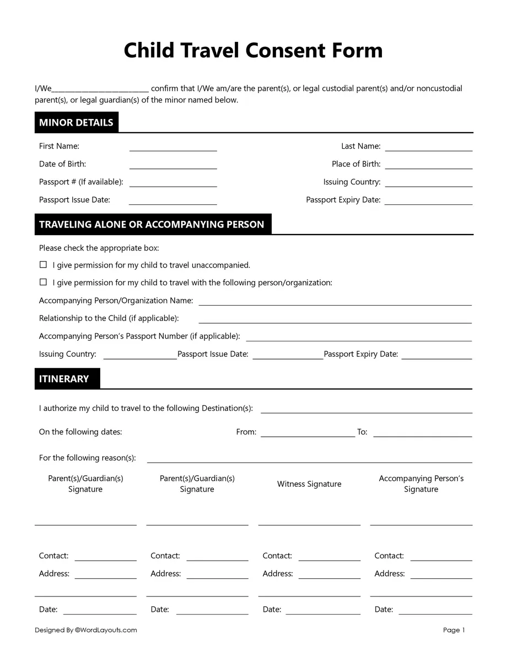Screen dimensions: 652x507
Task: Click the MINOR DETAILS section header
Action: click(x=76, y=122)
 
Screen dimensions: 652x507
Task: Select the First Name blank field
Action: click(x=173, y=147)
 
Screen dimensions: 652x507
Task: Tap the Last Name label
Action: click(x=360, y=146)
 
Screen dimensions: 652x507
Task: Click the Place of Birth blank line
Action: click(x=428, y=165)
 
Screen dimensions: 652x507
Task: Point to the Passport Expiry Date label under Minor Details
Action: click(x=343, y=200)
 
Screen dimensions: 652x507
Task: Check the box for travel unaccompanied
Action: click(x=43, y=265)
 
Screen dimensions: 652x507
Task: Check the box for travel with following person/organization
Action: click(x=43, y=282)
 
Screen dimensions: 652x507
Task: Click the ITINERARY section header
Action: click(x=64, y=379)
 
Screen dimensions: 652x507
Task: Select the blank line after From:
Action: click(x=308, y=433)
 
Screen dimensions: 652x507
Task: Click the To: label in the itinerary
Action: click(x=362, y=432)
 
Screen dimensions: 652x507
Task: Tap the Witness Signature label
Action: click(x=309, y=484)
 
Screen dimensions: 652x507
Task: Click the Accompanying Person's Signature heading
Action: click(x=421, y=483)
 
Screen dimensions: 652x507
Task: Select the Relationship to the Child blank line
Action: click(x=335, y=319)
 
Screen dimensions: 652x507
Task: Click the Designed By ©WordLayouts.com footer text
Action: click(x=85, y=630)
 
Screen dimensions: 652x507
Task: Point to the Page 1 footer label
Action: click(x=454, y=630)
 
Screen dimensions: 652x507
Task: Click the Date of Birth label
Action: click(x=62, y=164)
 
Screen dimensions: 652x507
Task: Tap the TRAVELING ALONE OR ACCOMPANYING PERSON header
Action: click(x=152, y=224)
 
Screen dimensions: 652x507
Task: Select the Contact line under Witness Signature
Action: click(x=329, y=557)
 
